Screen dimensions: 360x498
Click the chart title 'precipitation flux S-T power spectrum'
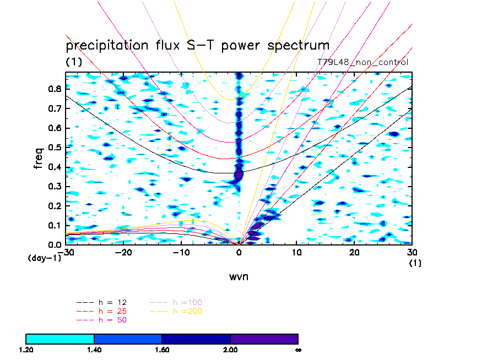[x=197, y=46]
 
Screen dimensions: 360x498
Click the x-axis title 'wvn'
[x=239, y=277]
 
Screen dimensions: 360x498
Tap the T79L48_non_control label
[x=362, y=62]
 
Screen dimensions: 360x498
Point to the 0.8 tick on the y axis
[x=53, y=89]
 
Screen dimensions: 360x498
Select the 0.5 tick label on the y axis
[x=53, y=148]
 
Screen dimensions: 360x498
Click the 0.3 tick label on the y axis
[x=53, y=187]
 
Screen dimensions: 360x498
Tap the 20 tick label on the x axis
[x=354, y=253]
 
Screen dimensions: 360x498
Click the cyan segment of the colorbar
[x=60, y=339]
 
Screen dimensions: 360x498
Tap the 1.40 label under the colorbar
[x=94, y=350]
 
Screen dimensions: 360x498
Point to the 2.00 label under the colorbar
[x=230, y=350]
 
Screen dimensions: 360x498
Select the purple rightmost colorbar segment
[x=264, y=339]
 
